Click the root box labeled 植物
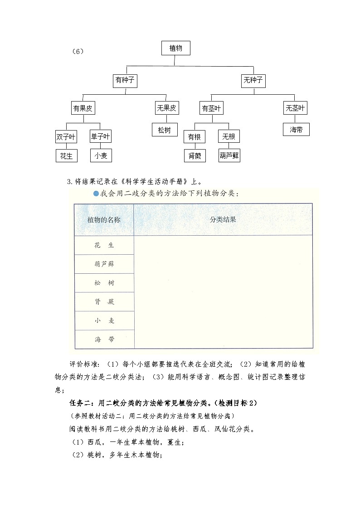click(x=175, y=48)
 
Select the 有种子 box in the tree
click(x=125, y=81)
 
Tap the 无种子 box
click(x=253, y=81)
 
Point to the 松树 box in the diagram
click(x=165, y=130)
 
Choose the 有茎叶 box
click(x=212, y=108)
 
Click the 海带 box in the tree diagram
click(x=296, y=130)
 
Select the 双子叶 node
click(x=66, y=136)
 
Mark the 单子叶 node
click(x=100, y=136)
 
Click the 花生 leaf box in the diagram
click(x=66, y=155)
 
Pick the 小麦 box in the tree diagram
click(x=101, y=155)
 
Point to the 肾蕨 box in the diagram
click(x=195, y=155)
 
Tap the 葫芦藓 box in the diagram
click(x=229, y=155)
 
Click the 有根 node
click(x=195, y=136)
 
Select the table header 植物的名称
click(x=104, y=220)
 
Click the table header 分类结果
click(x=223, y=219)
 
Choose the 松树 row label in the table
click(x=104, y=283)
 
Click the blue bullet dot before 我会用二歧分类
click(x=96, y=194)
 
